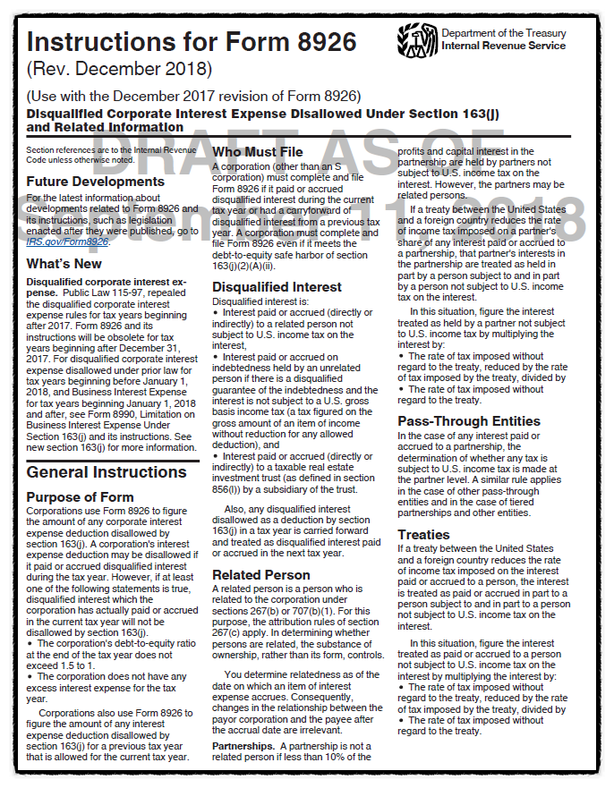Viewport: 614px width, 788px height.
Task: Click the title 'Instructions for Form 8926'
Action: (192, 42)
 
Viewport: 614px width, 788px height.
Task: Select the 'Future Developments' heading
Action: (96, 182)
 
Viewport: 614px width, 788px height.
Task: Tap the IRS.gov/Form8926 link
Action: (67, 241)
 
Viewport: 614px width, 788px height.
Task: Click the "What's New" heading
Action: (64, 264)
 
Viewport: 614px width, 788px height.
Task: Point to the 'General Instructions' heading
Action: (107, 472)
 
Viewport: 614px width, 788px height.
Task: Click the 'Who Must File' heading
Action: (257, 152)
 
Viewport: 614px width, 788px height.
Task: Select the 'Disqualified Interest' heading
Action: (277, 287)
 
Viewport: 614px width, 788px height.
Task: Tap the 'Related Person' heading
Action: (261, 575)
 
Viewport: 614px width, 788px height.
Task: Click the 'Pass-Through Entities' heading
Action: (469, 421)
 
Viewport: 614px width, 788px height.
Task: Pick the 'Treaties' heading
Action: (425, 535)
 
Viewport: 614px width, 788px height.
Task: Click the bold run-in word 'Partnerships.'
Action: (244, 745)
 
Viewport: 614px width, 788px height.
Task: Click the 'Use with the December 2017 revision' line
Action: (193, 96)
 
